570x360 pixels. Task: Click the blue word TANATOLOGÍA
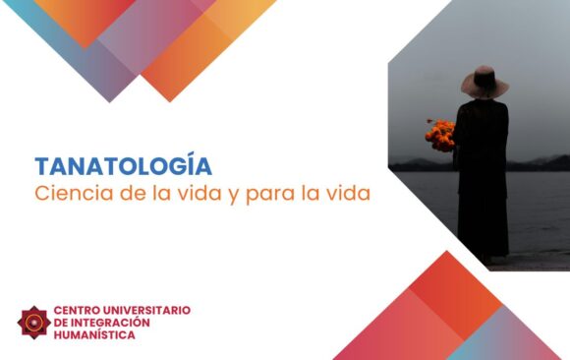123,166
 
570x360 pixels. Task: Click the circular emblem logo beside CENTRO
33,321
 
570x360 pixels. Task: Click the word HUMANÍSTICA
95,334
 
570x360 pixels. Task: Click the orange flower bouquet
440,133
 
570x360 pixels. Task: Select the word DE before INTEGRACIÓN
61,322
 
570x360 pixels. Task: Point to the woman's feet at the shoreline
486,260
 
